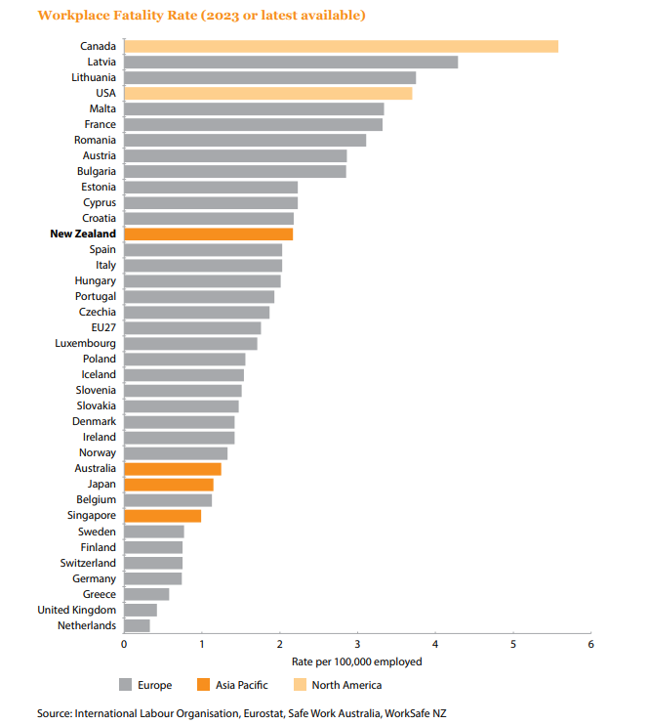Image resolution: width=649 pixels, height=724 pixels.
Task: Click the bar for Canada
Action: tap(341, 46)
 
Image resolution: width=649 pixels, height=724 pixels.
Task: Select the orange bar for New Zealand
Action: tap(208, 234)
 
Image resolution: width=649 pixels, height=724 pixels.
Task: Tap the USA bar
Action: tap(267, 93)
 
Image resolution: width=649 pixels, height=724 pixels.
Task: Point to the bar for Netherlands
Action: tap(137, 625)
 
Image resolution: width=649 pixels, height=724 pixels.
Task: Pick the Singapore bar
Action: tap(162, 516)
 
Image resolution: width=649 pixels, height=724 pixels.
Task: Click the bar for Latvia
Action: tap(291, 62)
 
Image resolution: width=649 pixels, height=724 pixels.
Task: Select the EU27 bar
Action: tap(192, 328)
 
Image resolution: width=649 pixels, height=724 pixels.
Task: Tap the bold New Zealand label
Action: tap(83, 234)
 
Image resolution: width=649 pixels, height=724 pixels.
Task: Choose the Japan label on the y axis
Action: tap(101, 485)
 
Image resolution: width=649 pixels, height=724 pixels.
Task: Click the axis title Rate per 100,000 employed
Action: tap(356, 662)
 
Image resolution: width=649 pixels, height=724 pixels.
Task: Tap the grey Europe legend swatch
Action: tap(125, 685)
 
